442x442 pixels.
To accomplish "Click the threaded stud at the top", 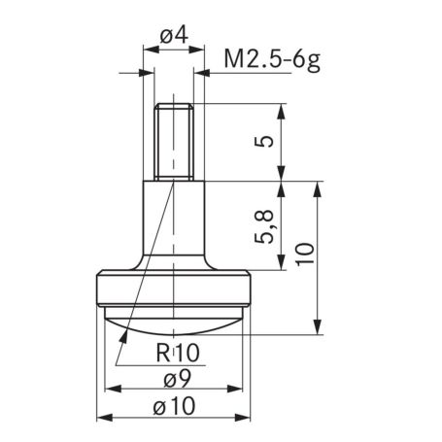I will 175,142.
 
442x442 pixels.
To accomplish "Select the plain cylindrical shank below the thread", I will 175,223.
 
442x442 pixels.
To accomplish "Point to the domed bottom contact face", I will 175,323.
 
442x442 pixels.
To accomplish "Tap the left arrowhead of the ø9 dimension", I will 109,390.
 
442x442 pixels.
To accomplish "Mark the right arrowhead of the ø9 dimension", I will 243,390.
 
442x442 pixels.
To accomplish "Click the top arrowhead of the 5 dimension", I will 282,109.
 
